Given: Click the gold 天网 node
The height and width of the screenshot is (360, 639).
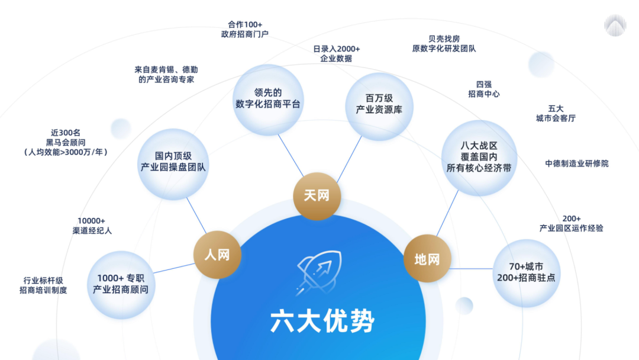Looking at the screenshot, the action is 317,196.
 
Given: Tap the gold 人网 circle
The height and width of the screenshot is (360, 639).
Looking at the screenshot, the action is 217,255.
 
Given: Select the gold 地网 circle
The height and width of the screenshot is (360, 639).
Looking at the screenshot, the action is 427,259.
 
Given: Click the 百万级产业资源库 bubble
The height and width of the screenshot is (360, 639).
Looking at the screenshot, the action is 379,107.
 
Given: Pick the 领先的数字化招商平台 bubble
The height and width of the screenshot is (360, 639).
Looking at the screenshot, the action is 268,99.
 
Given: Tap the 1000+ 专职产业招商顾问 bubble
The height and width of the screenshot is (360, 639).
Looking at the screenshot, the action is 121,285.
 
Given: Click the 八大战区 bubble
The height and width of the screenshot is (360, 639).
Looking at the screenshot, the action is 479,157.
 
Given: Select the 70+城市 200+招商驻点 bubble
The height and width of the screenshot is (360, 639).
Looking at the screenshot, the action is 526,273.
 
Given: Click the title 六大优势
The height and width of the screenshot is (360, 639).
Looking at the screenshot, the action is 322,322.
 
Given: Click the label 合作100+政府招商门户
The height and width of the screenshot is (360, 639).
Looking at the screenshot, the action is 244,30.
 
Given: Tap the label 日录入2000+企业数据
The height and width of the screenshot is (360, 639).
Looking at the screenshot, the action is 336,54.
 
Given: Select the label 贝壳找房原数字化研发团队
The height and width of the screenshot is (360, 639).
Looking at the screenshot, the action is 444,44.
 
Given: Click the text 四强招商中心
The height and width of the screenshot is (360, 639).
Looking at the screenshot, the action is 484,89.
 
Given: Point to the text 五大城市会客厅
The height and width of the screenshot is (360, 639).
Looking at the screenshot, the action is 556,114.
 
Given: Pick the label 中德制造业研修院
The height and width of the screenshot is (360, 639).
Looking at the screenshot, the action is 577,163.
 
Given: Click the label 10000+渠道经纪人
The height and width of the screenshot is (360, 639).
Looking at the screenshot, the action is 92,226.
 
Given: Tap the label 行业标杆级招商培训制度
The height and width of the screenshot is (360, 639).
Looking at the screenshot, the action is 43,285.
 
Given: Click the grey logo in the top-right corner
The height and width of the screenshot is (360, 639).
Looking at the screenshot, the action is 615,25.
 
